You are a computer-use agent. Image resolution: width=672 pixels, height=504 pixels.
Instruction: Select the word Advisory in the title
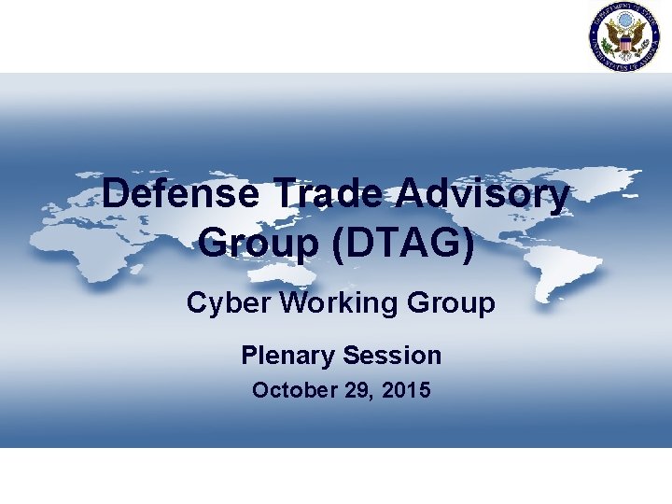click(483, 195)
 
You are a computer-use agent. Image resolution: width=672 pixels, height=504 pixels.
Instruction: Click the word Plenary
click(287, 355)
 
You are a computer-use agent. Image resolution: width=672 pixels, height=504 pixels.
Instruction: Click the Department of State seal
click(624, 36)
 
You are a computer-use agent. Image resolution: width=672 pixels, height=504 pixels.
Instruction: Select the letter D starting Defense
click(116, 195)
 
